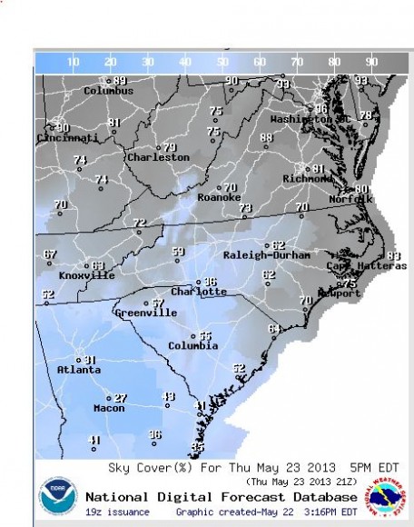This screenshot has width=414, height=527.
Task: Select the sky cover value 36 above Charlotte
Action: tap(210, 282)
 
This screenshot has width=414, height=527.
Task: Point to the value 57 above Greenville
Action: tap(158, 303)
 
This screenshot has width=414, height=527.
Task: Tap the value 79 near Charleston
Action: tap(170, 146)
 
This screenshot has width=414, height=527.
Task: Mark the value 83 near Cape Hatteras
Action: tap(393, 256)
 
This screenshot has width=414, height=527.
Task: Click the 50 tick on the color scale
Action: tap(222, 62)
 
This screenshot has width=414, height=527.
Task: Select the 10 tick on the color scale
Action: tap(74, 62)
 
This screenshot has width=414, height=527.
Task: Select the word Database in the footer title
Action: tap(321, 497)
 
